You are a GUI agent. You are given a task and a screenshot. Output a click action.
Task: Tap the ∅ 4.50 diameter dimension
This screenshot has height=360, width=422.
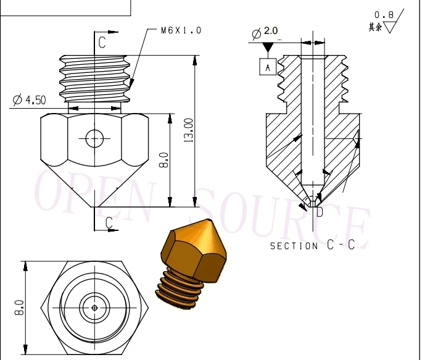(29, 99)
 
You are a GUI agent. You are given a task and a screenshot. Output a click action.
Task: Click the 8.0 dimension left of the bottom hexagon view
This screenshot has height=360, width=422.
(19, 307)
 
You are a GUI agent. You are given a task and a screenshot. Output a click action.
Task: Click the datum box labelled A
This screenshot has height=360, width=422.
(268, 67)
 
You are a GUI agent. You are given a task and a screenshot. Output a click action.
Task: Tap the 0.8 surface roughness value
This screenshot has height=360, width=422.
(383, 15)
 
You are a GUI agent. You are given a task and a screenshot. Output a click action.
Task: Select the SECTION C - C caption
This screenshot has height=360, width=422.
(312, 245)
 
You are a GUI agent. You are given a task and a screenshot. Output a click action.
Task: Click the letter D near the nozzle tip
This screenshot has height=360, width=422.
(320, 212)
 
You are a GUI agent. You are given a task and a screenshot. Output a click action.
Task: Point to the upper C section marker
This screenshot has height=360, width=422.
(102, 41)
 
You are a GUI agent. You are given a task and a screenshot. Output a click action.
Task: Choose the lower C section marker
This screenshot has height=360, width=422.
(109, 222)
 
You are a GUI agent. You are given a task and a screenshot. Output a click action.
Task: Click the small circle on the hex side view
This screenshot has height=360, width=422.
(94, 138)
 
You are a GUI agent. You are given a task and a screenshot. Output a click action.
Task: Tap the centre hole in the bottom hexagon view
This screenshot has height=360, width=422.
(94, 307)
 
